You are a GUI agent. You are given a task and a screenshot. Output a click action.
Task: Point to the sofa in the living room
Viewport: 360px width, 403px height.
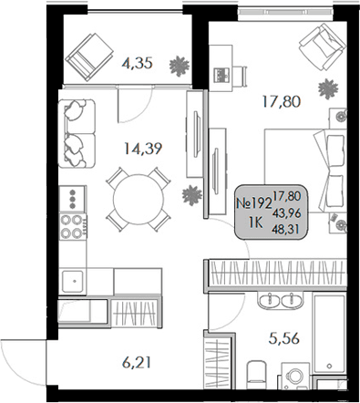tap(78, 129)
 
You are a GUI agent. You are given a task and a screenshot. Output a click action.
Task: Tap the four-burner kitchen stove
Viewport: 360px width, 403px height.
tap(72, 224)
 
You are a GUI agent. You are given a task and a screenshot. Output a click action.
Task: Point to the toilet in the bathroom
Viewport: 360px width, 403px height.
tap(260, 374)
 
